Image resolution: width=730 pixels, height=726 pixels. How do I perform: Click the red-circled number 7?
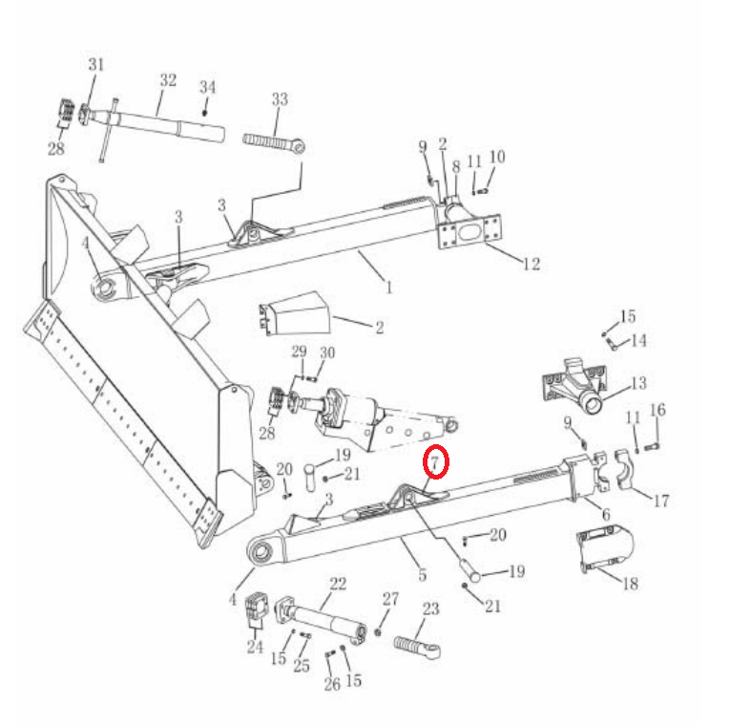435,462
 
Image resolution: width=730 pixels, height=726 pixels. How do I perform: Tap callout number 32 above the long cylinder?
168,80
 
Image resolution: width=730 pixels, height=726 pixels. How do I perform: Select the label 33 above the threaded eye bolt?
280,99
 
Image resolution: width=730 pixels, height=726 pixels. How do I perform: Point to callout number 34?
208,87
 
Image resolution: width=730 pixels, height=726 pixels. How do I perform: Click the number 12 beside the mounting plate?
532,265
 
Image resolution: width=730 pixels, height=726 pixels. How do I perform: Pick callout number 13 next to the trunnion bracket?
638,383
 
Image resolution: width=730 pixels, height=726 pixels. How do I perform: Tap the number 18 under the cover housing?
630,584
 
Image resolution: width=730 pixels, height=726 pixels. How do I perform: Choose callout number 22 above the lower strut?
338,584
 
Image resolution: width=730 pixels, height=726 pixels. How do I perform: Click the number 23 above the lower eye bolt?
430,609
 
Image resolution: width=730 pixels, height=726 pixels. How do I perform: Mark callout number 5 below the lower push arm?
423,574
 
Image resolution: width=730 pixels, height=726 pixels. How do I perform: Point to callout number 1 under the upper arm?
389,288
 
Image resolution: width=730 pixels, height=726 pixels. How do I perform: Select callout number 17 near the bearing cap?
660,501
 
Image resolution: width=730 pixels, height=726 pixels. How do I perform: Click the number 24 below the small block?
255,647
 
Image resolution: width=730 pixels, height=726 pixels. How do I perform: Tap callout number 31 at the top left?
96,64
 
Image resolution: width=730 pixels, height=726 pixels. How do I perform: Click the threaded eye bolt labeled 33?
275,142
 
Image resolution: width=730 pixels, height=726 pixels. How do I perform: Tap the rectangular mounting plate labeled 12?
470,231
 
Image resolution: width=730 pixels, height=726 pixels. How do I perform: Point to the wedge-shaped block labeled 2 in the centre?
295,313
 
